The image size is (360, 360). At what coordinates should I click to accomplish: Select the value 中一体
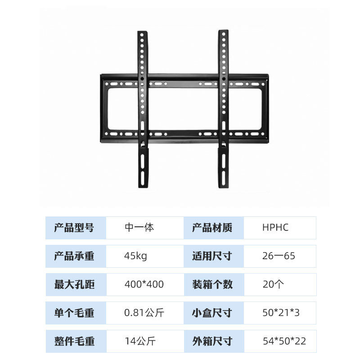(x=139, y=228)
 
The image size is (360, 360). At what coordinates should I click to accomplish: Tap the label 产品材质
(x=212, y=228)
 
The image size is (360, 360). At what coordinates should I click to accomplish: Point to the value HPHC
(x=275, y=228)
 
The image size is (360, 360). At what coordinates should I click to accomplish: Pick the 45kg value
(x=135, y=256)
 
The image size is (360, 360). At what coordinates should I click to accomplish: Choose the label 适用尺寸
(x=212, y=256)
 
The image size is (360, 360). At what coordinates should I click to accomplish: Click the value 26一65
(x=279, y=256)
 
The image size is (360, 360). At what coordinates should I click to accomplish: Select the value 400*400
(x=144, y=284)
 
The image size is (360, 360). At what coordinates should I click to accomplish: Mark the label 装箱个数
(x=212, y=284)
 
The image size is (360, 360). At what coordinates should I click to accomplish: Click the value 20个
(x=273, y=284)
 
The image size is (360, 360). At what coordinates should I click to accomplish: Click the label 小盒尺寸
(x=212, y=313)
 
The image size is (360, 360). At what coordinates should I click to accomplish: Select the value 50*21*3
(x=281, y=313)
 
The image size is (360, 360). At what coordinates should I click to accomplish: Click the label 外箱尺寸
(x=212, y=341)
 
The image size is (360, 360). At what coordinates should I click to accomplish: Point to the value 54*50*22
(x=284, y=341)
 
